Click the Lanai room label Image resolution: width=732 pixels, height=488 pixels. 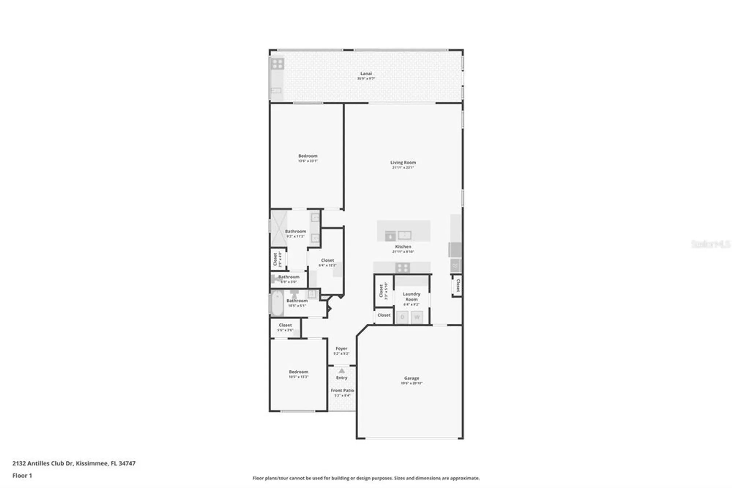[x=366, y=74]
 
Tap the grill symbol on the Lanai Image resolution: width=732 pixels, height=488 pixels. [x=277, y=64]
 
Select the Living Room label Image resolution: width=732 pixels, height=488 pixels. [x=403, y=163]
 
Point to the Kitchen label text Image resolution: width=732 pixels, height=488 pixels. [x=403, y=247]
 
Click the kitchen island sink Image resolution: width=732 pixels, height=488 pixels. [x=404, y=235]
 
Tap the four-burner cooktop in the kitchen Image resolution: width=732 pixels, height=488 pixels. [x=402, y=268]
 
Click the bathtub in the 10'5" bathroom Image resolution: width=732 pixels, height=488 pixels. [x=277, y=303]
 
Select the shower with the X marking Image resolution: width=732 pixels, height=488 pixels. [x=279, y=229]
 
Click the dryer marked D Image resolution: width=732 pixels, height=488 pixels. [x=403, y=317]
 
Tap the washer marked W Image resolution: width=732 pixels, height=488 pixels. [x=417, y=317]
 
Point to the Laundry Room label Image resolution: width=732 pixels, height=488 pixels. [x=411, y=297]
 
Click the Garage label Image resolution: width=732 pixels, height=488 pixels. [x=412, y=378]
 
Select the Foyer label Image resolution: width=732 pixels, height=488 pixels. [x=341, y=349]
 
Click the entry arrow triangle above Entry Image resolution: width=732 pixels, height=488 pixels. [x=341, y=371]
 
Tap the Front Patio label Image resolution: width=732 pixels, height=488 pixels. [x=342, y=391]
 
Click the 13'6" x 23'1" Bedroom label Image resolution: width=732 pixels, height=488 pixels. [x=308, y=156]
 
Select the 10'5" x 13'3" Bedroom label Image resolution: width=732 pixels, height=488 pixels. [x=298, y=372]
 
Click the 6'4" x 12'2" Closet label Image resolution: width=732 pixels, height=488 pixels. [x=327, y=260]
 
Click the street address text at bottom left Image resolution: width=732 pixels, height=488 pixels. [x=74, y=463]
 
